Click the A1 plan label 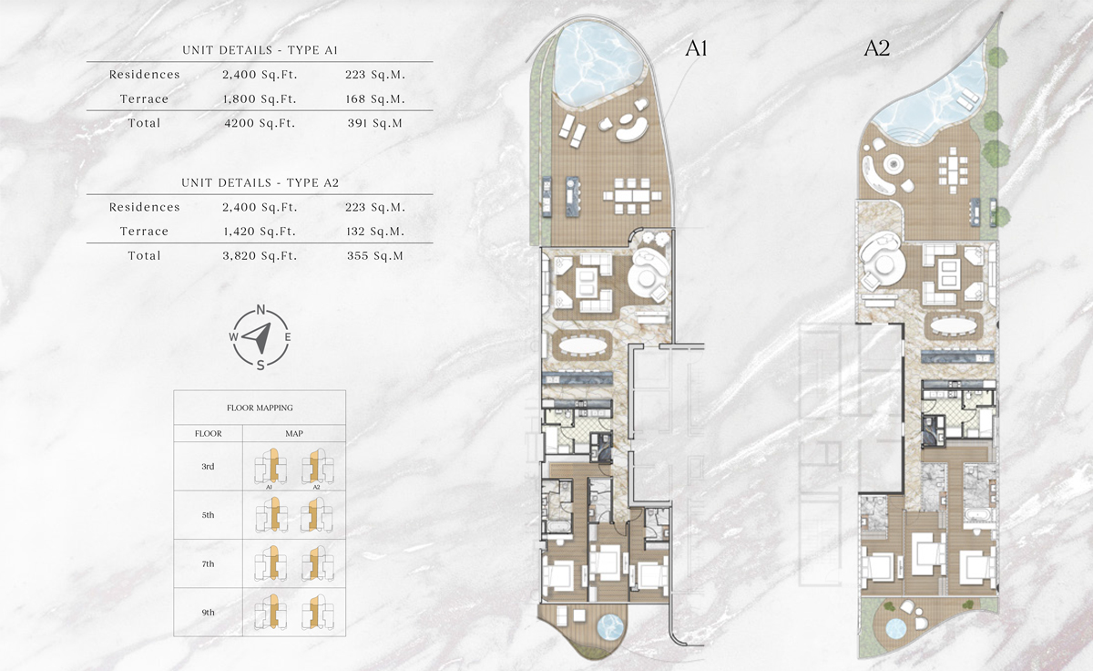tap(697, 50)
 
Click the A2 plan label tap(876, 50)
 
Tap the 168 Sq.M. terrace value tap(376, 98)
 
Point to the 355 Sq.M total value tap(376, 256)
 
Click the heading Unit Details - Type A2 tap(260, 182)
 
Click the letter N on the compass tap(260, 310)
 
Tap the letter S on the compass tap(260, 366)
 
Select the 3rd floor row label tap(208, 467)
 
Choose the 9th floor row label tap(208, 613)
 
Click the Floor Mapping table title tap(260, 408)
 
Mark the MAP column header tap(293, 433)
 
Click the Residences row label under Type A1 tap(144, 75)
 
